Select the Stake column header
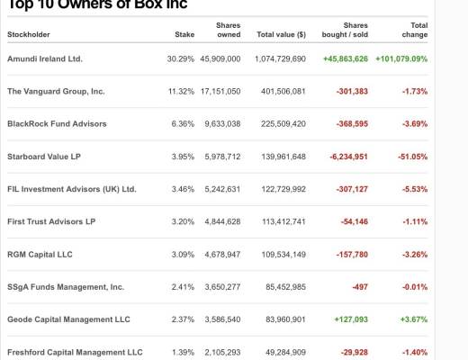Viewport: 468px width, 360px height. (x=184, y=34)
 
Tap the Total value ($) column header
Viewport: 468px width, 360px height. (x=281, y=34)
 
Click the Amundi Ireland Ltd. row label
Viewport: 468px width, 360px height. (x=44, y=58)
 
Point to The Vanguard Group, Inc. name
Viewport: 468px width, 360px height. (x=56, y=91)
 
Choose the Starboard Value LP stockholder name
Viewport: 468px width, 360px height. (x=43, y=156)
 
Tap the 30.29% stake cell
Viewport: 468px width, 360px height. (x=180, y=58)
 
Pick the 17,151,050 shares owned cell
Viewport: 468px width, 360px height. (x=220, y=91)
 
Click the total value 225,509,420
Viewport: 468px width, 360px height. (x=282, y=123)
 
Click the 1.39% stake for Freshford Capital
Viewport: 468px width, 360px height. (x=182, y=352)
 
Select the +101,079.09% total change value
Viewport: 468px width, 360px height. (x=401, y=58)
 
